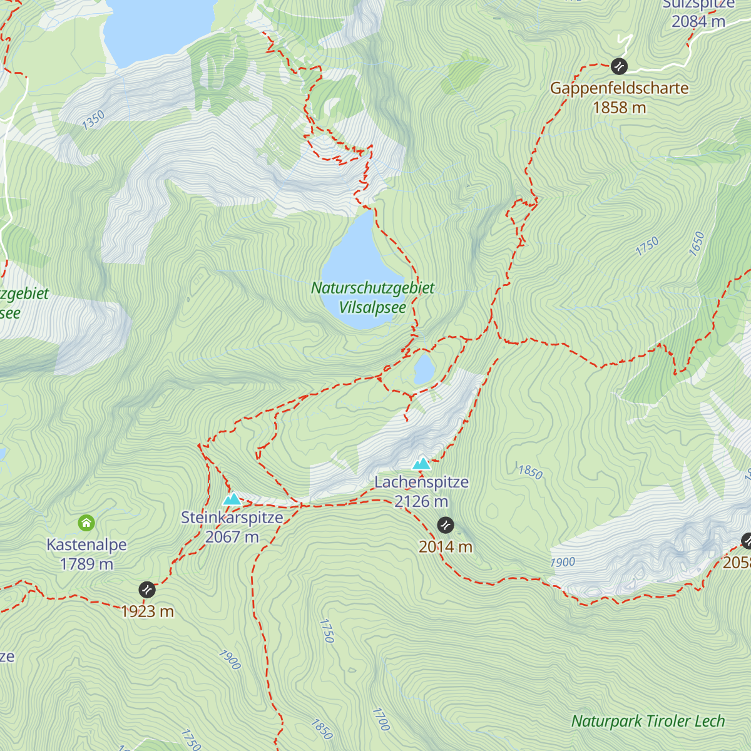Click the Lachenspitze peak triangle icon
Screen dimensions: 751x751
tap(422, 464)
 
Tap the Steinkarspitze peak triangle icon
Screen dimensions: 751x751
tap(232, 499)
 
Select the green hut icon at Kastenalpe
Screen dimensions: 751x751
tap(86, 523)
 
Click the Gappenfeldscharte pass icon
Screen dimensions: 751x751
tap(619, 66)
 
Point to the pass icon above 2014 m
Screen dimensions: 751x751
tap(446, 524)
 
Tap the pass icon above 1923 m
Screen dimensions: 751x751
tap(146, 590)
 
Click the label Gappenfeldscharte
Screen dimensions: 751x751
tap(619, 88)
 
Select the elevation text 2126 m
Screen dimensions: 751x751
tap(421, 501)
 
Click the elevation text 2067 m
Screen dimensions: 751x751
tap(232, 537)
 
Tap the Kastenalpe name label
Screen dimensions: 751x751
tap(86, 544)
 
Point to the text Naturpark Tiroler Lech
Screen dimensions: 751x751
tap(648, 721)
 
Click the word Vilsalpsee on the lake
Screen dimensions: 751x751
tap(372, 307)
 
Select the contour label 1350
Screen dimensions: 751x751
tap(93, 120)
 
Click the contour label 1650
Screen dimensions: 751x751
tap(697, 243)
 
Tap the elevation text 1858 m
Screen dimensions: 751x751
tap(619, 108)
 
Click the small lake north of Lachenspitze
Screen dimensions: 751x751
tap(424, 369)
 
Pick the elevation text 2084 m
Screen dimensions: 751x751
tap(698, 21)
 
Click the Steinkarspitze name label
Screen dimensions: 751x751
tap(232, 518)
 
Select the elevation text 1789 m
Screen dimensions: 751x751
tap(86, 564)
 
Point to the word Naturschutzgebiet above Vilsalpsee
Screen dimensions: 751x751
tap(372, 288)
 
